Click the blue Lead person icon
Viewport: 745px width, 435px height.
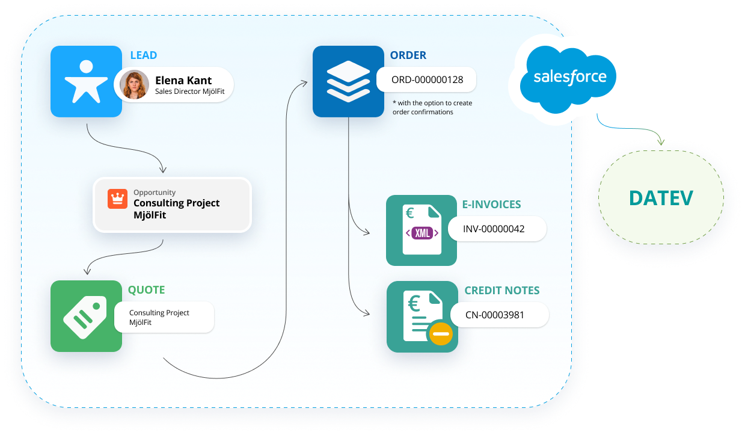pyautogui.click(x=86, y=81)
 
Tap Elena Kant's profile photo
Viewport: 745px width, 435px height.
pyautogui.click(x=134, y=85)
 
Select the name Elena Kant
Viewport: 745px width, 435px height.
pyautogui.click(x=183, y=80)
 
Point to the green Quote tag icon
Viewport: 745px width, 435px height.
pyautogui.click(x=86, y=316)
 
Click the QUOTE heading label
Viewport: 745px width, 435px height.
pyautogui.click(x=146, y=290)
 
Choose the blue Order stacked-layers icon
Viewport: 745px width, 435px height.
pyautogui.click(x=348, y=81)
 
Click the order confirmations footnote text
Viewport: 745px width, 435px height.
pyautogui.click(x=432, y=107)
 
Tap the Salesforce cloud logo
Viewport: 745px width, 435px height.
pyautogui.click(x=569, y=78)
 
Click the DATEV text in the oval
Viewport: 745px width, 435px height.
pyautogui.click(x=661, y=198)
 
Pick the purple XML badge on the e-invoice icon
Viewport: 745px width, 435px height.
pyautogui.click(x=423, y=233)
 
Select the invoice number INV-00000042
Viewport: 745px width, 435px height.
pyautogui.click(x=494, y=229)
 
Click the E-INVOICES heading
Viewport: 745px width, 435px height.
pyautogui.click(x=492, y=205)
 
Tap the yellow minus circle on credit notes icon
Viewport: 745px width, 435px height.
pyautogui.click(x=440, y=333)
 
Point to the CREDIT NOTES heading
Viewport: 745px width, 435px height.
pyautogui.click(x=502, y=291)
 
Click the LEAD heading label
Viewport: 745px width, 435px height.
pyautogui.click(x=144, y=55)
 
